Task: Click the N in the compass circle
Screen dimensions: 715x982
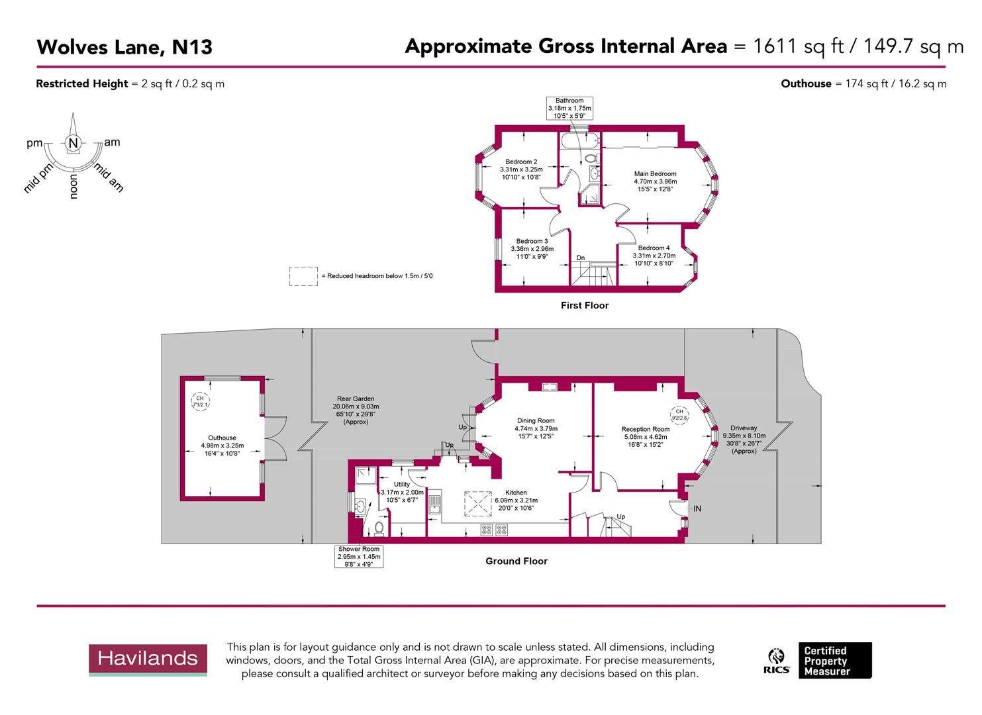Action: (x=74, y=143)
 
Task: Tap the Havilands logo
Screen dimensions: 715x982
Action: (x=148, y=658)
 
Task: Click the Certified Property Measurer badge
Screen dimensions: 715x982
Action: (x=834, y=661)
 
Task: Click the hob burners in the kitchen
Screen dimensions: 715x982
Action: (x=494, y=530)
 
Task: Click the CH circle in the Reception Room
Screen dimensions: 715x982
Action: (x=679, y=414)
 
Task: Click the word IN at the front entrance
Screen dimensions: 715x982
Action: (x=697, y=508)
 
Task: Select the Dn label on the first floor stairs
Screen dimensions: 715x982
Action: (x=581, y=258)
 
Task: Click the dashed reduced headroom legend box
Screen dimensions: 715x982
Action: (x=303, y=276)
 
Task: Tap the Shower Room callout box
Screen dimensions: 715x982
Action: (x=360, y=556)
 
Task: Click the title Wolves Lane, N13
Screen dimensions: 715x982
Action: (x=124, y=47)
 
